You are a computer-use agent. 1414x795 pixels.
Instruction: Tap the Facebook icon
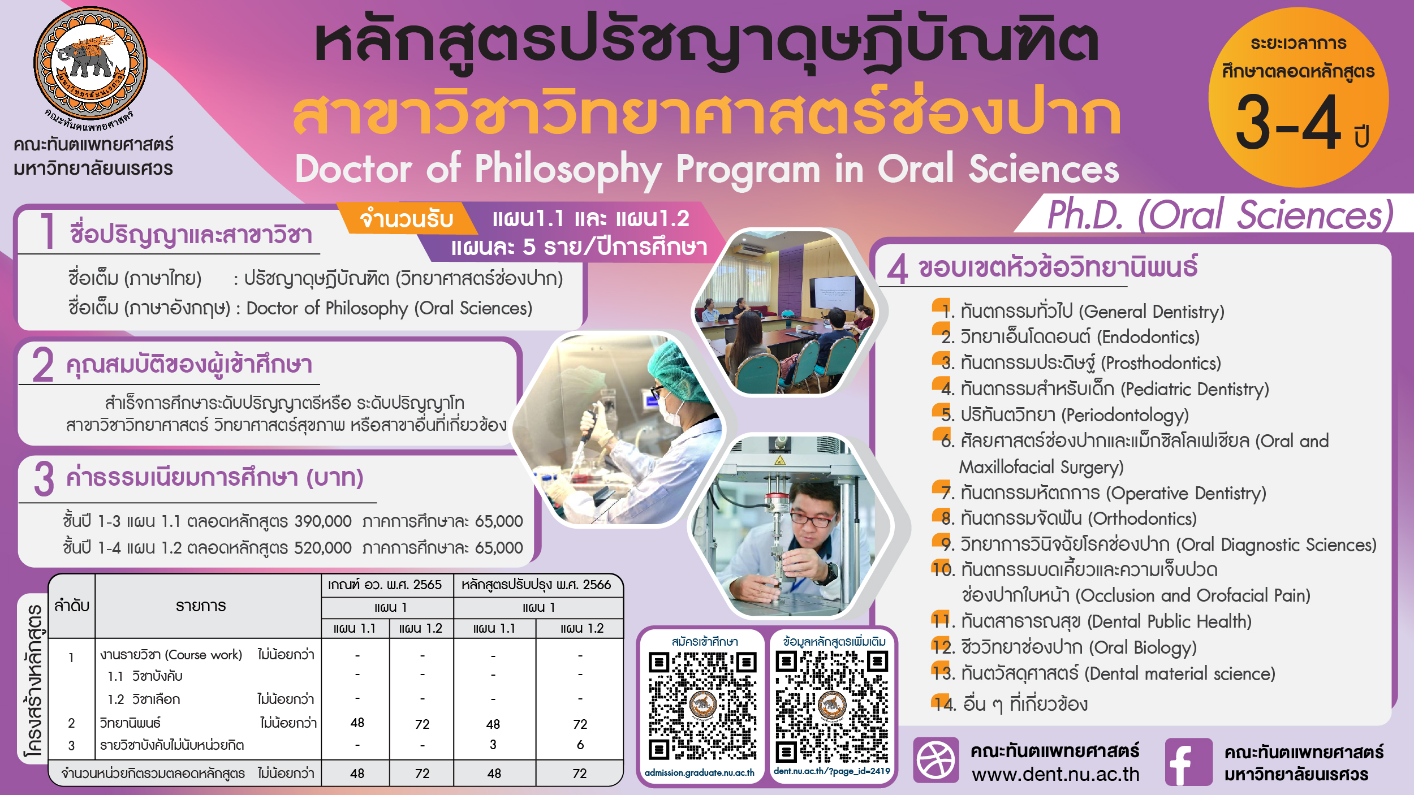pos(1188,762)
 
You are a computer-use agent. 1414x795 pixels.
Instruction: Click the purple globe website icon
pos(936,761)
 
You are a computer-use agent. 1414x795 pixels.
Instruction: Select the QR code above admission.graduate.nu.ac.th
pos(702,705)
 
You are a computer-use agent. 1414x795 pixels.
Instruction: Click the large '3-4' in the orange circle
pos(1288,123)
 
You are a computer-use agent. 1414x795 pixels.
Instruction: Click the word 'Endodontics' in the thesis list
pos(1148,338)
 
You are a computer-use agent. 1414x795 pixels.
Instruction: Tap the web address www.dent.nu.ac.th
pos(1055,774)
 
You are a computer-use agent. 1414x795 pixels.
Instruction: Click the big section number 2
pos(43,365)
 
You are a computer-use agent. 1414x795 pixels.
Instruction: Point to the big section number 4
pos(898,269)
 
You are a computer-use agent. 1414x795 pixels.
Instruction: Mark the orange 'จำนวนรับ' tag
pos(407,219)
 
